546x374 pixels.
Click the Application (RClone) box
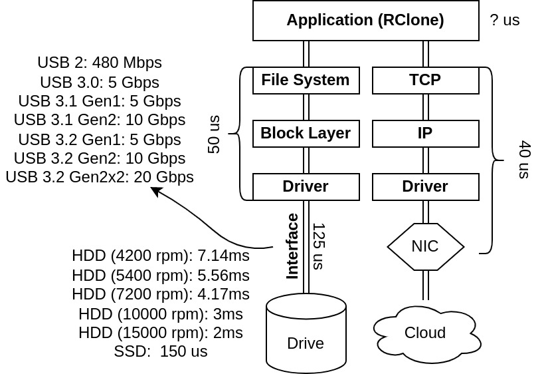pyautogui.click(x=365, y=20)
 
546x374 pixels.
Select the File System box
pyautogui.click(x=306, y=80)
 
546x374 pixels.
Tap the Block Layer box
pyautogui.click(x=306, y=133)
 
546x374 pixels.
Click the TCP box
pyautogui.click(x=425, y=80)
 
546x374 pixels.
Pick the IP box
pyautogui.click(x=425, y=133)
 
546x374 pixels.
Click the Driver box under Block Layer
pyautogui.click(x=306, y=186)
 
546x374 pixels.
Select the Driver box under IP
pyautogui.click(x=425, y=186)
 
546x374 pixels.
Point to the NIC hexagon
pyautogui.click(x=425, y=246)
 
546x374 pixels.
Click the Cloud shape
pyautogui.click(x=425, y=333)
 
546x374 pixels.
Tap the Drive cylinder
pyautogui.click(x=306, y=336)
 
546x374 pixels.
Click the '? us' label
pyautogui.click(x=505, y=20)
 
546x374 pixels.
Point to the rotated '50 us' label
pyautogui.click(x=214, y=134)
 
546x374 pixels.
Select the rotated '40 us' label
pyautogui.click(x=524, y=160)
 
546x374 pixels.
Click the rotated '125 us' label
pyautogui.click(x=318, y=246)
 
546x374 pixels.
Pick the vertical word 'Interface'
pyautogui.click(x=292, y=246)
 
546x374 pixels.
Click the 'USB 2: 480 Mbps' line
pyautogui.click(x=100, y=63)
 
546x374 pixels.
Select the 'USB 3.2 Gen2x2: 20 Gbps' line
pyautogui.click(x=100, y=177)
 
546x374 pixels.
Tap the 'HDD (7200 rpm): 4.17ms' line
pyautogui.click(x=161, y=294)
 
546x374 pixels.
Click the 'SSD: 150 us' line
pyautogui.click(x=161, y=351)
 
